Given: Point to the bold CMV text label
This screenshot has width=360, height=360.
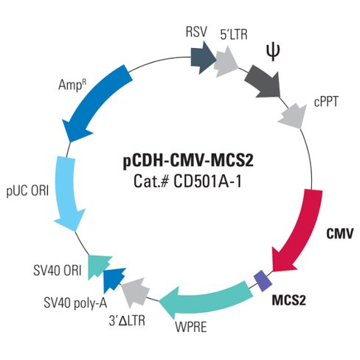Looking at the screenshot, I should (x=340, y=234).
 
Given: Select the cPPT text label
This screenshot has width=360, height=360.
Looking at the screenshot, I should (x=325, y=103).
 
